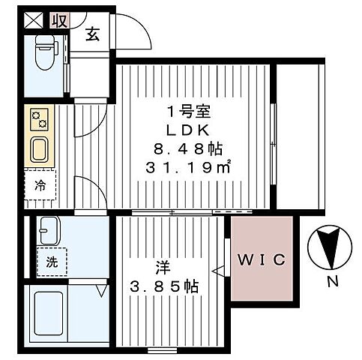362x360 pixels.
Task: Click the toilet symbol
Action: (x=46, y=52)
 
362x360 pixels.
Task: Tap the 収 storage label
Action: (x=60, y=21)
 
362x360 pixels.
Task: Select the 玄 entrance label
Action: (x=92, y=34)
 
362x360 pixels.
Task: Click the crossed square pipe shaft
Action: (x=34, y=20)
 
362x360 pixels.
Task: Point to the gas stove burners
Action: (x=39, y=119)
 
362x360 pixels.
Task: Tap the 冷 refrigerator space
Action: (x=40, y=185)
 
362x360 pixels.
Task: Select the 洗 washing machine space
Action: (x=52, y=262)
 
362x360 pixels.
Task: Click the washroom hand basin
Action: (x=49, y=230)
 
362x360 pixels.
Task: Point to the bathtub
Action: (x=49, y=313)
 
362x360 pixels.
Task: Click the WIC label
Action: (x=262, y=259)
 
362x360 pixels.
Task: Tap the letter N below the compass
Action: (x=333, y=282)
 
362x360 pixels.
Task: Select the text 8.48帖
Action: (x=188, y=149)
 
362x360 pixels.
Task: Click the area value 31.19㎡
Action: (x=188, y=167)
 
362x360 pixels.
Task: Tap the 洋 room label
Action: (x=163, y=268)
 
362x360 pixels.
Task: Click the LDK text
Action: (x=188, y=130)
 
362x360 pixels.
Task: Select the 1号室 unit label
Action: (x=189, y=112)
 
